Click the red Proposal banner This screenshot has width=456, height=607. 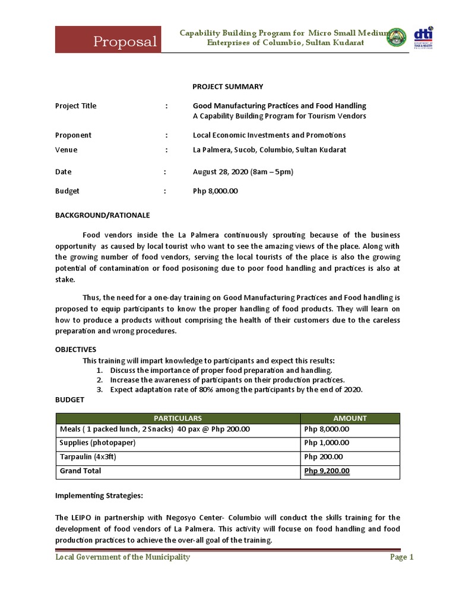click(x=108, y=40)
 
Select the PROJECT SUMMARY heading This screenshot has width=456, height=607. click(x=219, y=86)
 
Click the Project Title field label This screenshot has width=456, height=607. click(x=75, y=106)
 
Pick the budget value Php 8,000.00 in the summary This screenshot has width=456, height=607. click(x=216, y=191)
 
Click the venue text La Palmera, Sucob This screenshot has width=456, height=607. click(x=270, y=150)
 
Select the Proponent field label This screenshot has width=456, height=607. click(x=73, y=135)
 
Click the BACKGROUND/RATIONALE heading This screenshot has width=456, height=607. click(x=102, y=215)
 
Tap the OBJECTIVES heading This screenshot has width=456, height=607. click(x=75, y=349)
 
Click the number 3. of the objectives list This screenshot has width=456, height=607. click(x=99, y=389)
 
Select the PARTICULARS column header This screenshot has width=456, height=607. click(x=178, y=418)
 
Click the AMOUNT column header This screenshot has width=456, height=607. click(x=350, y=418)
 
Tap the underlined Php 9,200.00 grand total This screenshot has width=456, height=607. click(x=327, y=471)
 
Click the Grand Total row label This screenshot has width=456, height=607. click(x=81, y=471)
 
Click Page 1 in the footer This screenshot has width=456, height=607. click(x=401, y=557)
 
